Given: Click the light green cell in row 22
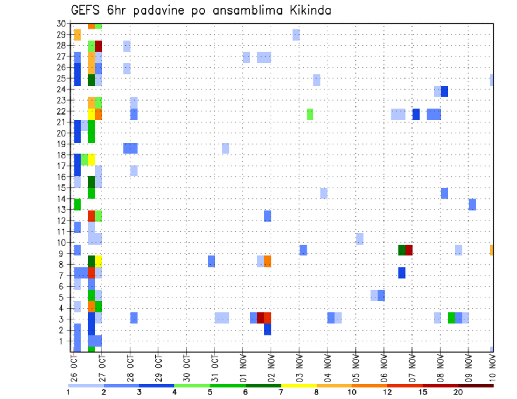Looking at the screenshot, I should click(310, 114).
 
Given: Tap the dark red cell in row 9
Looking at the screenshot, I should click(409, 250).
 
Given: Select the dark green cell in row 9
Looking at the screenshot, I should click(401, 250).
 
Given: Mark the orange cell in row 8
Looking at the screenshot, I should click(268, 261).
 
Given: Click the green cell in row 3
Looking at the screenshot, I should click(451, 318).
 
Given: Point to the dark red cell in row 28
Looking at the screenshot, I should click(99, 46).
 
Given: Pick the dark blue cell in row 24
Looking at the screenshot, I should click(444, 91).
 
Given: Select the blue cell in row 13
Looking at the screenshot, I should click(472, 204).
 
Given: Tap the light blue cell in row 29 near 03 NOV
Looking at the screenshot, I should click(296, 35).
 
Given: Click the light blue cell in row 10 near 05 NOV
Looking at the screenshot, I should click(359, 239).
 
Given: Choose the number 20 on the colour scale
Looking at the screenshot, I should click(458, 392).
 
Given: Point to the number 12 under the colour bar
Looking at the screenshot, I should click(387, 392).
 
